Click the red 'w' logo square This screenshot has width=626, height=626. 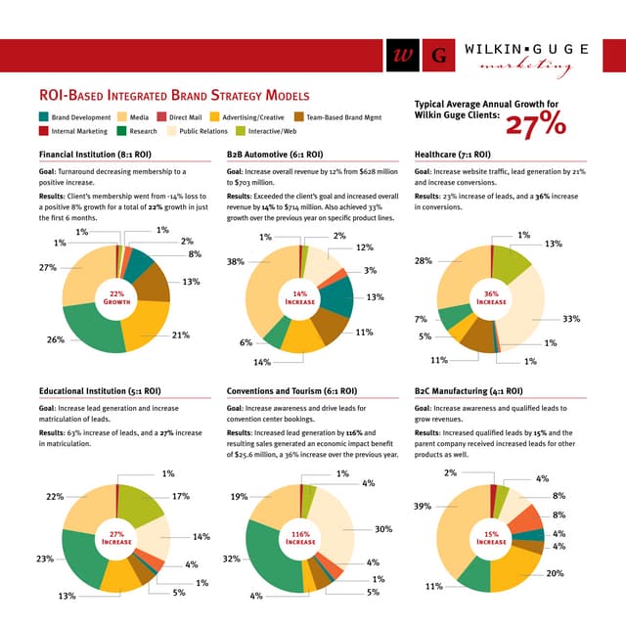click(x=400, y=56)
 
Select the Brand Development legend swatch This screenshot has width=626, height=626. click(x=44, y=117)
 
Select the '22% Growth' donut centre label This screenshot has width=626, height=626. click(x=117, y=298)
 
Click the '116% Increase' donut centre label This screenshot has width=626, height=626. click(x=300, y=537)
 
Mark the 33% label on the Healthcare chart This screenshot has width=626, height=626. click(x=572, y=319)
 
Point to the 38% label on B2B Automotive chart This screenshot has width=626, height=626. click(x=235, y=262)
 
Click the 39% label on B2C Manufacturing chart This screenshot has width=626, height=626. click(x=423, y=507)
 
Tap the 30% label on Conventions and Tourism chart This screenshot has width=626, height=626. click(x=383, y=529)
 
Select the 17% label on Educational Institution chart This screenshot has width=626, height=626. click(x=180, y=497)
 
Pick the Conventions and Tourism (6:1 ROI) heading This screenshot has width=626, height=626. click(x=291, y=391)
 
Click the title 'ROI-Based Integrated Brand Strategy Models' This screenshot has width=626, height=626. click(x=173, y=96)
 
